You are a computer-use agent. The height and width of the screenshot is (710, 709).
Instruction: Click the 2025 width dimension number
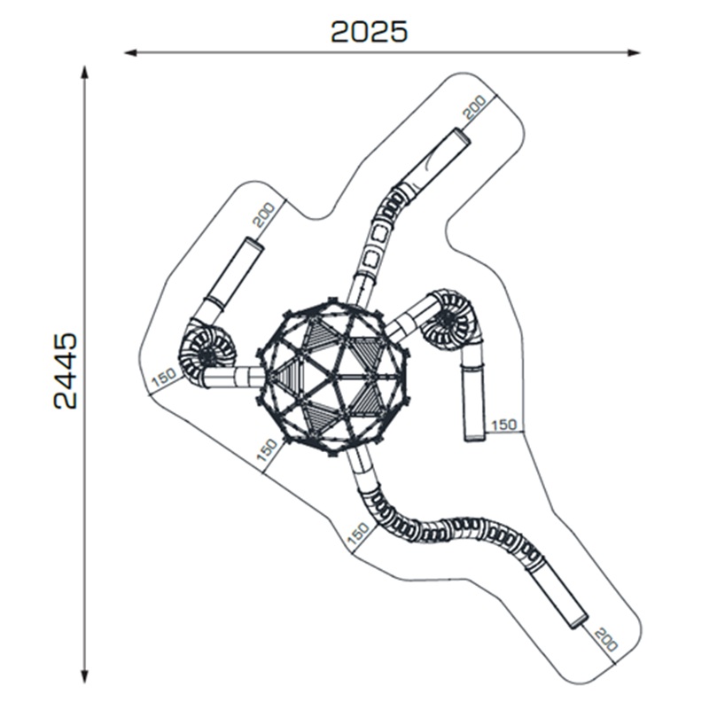[369, 32]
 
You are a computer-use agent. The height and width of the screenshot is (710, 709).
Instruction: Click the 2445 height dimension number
[66, 371]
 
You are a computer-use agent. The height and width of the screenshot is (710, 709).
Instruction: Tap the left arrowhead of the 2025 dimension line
[131, 53]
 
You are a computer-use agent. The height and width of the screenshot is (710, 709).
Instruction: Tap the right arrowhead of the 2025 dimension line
[633, 53]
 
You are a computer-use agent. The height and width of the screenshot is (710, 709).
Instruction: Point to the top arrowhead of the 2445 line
[84, 74]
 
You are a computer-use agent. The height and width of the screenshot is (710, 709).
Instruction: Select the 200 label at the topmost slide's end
[476, 107]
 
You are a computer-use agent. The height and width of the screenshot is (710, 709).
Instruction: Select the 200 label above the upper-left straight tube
[263, 215]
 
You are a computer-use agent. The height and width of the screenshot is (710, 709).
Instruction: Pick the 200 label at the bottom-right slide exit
[606, 639]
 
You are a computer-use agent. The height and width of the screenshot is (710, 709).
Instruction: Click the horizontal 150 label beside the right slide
[504, 425]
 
